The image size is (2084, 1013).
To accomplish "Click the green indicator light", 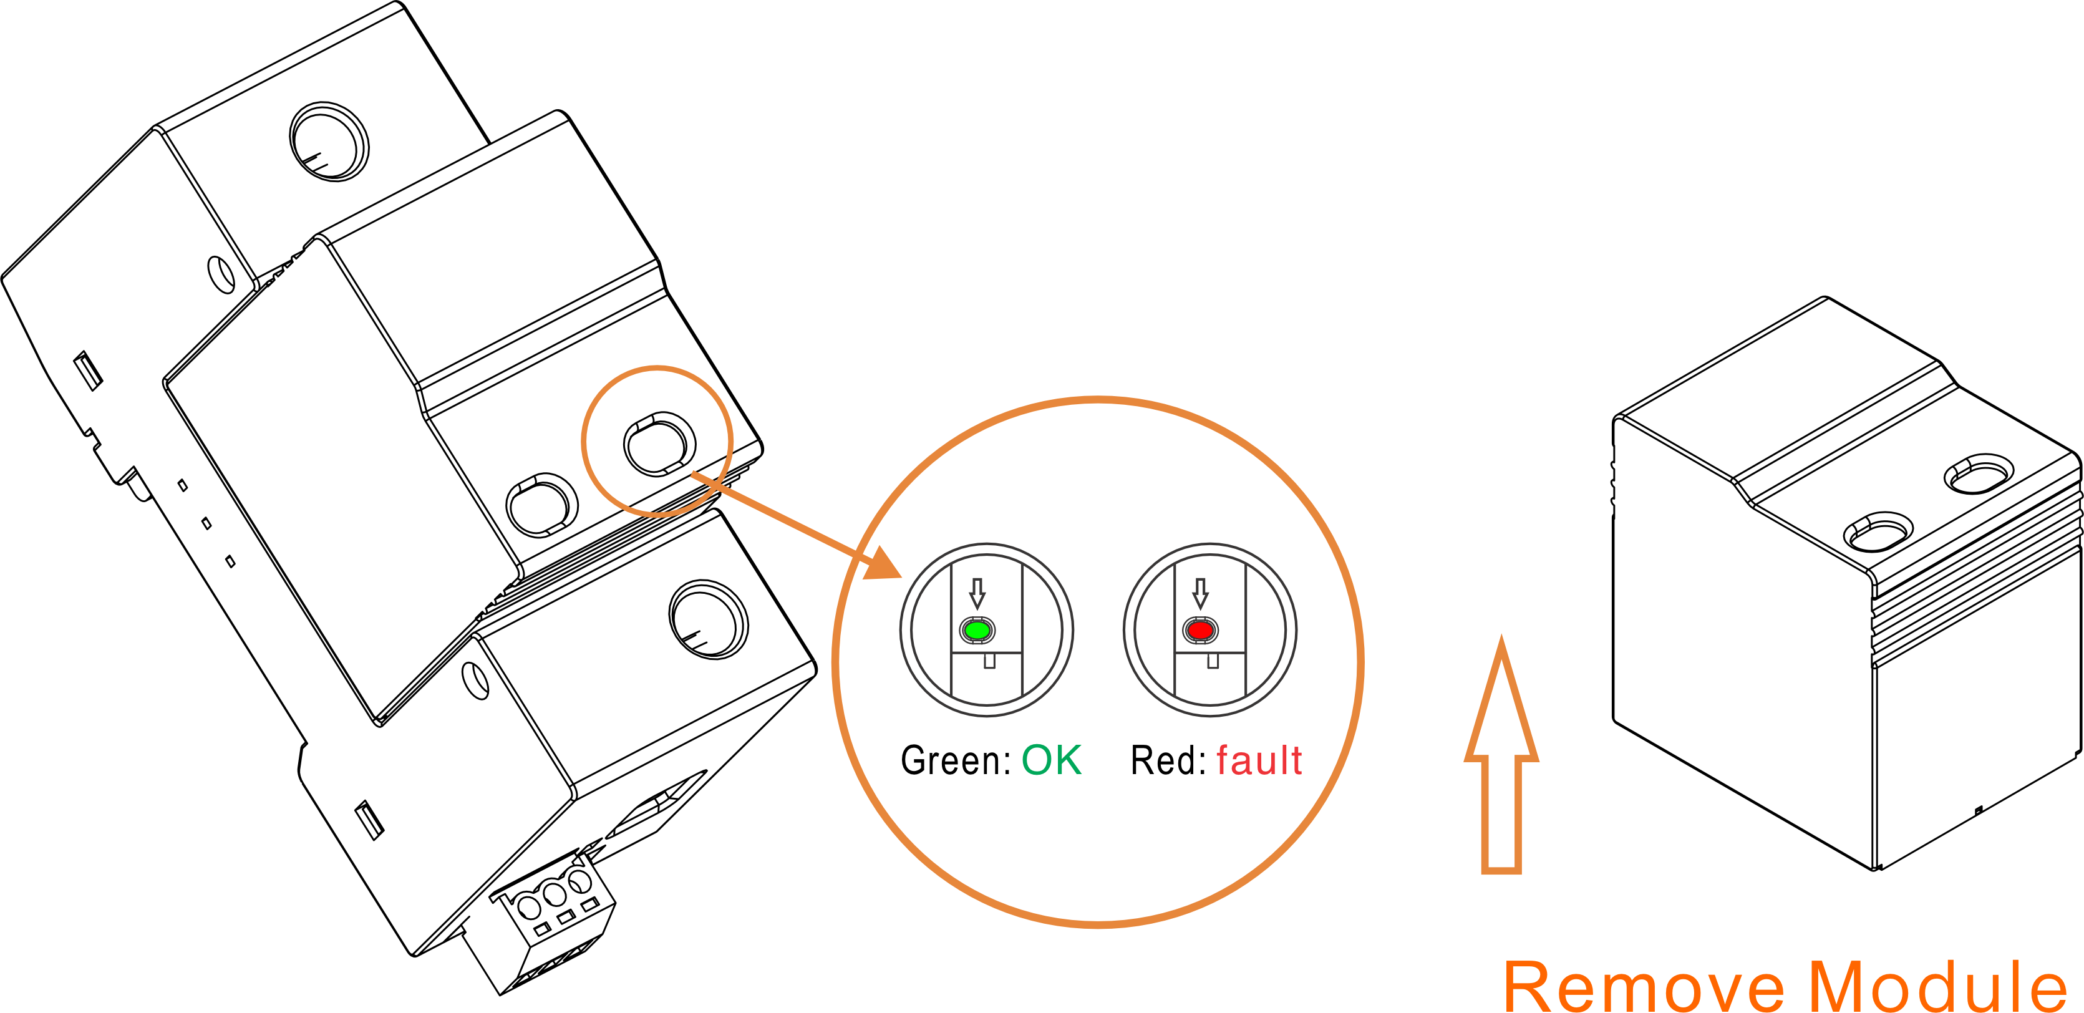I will (x=977, y=629).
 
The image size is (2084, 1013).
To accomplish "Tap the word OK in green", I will (x=1051, y=760).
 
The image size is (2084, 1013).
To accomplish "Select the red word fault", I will (x=1259, y=760).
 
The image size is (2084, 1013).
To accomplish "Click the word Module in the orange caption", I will (x=1937, y=986).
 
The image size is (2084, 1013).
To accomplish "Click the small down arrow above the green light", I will (x=977, y=593).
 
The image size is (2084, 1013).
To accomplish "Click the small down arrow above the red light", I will (x=1201, y=593).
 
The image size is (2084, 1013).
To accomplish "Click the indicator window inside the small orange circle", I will (x=659, y=444).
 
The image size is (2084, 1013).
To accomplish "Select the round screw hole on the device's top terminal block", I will (x=329, y=142).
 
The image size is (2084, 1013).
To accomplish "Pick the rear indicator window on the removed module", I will (x=1979, y=473).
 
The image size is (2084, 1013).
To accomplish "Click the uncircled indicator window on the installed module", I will (x=541, y=505).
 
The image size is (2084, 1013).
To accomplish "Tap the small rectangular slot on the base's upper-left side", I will (x=87, y=371).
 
